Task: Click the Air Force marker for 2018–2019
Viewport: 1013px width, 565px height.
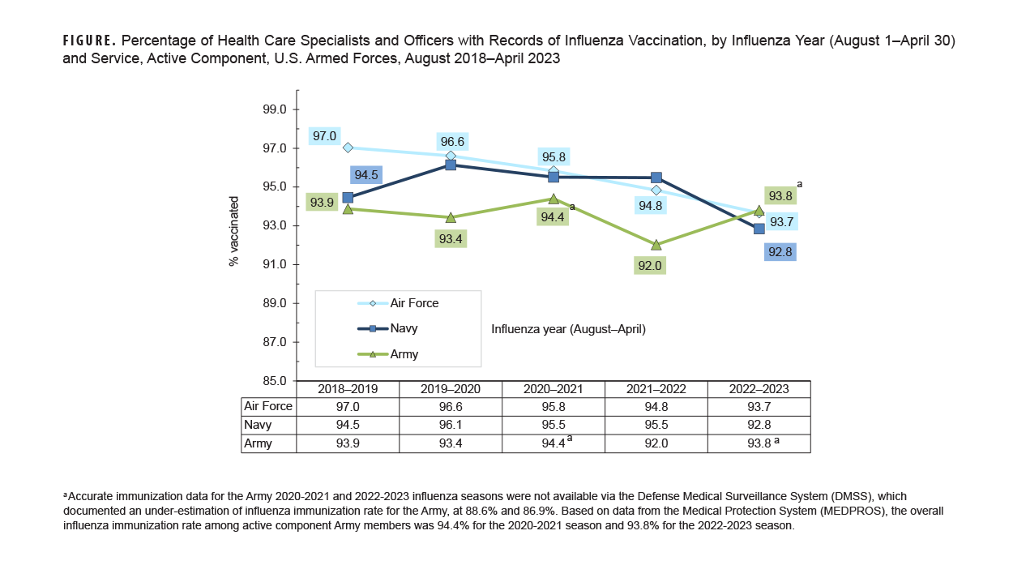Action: pos(348,148)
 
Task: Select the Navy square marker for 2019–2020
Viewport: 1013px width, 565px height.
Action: pos(451,165)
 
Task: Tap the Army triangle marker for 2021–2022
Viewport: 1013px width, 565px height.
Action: pos(656,244)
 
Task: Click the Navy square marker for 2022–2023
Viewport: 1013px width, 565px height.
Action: pos(759,229)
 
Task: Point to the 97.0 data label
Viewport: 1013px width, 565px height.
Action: pos(324,136)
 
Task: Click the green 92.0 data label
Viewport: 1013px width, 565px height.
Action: pos(649,265)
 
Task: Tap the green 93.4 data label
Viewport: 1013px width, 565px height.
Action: pos(450,239)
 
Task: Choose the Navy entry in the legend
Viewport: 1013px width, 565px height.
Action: pos(404,328)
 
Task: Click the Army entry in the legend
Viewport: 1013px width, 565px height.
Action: pos(404,354)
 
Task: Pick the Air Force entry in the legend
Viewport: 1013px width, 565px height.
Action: pos(413,303)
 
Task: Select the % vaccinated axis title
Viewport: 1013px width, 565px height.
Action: pos(233,231)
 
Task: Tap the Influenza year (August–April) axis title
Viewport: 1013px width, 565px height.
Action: pos(568,329)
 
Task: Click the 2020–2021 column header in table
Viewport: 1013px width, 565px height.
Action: pos(553,389)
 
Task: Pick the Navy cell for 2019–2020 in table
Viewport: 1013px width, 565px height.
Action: pos(451,425)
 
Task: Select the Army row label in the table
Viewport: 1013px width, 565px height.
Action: pos(258,443)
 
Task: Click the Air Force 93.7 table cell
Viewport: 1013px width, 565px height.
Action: pos(759,406)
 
